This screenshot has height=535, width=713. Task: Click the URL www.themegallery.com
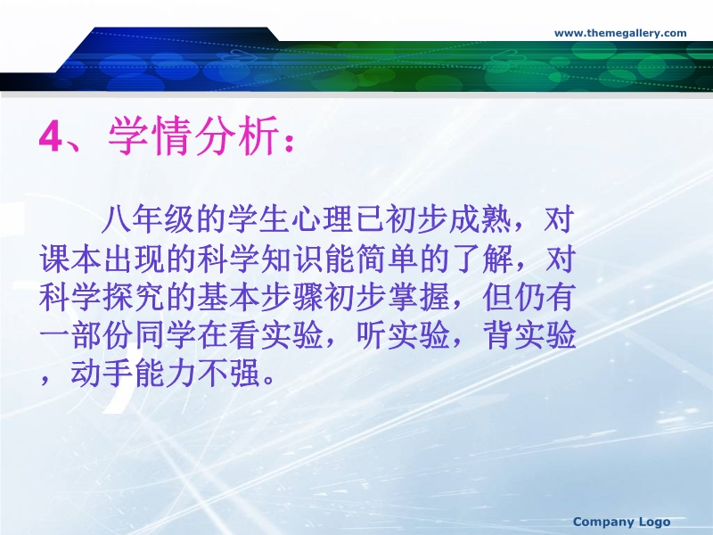point(620,33)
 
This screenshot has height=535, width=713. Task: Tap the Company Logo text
point(621,522)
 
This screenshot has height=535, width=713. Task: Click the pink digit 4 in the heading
point(50,136)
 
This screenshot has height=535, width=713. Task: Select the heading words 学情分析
point(193,136)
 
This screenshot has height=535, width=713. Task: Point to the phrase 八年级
point(148,219)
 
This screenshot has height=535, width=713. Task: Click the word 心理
point(322,219)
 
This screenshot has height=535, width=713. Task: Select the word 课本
point(70,259)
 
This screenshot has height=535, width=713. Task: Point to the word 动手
point(102,374)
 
